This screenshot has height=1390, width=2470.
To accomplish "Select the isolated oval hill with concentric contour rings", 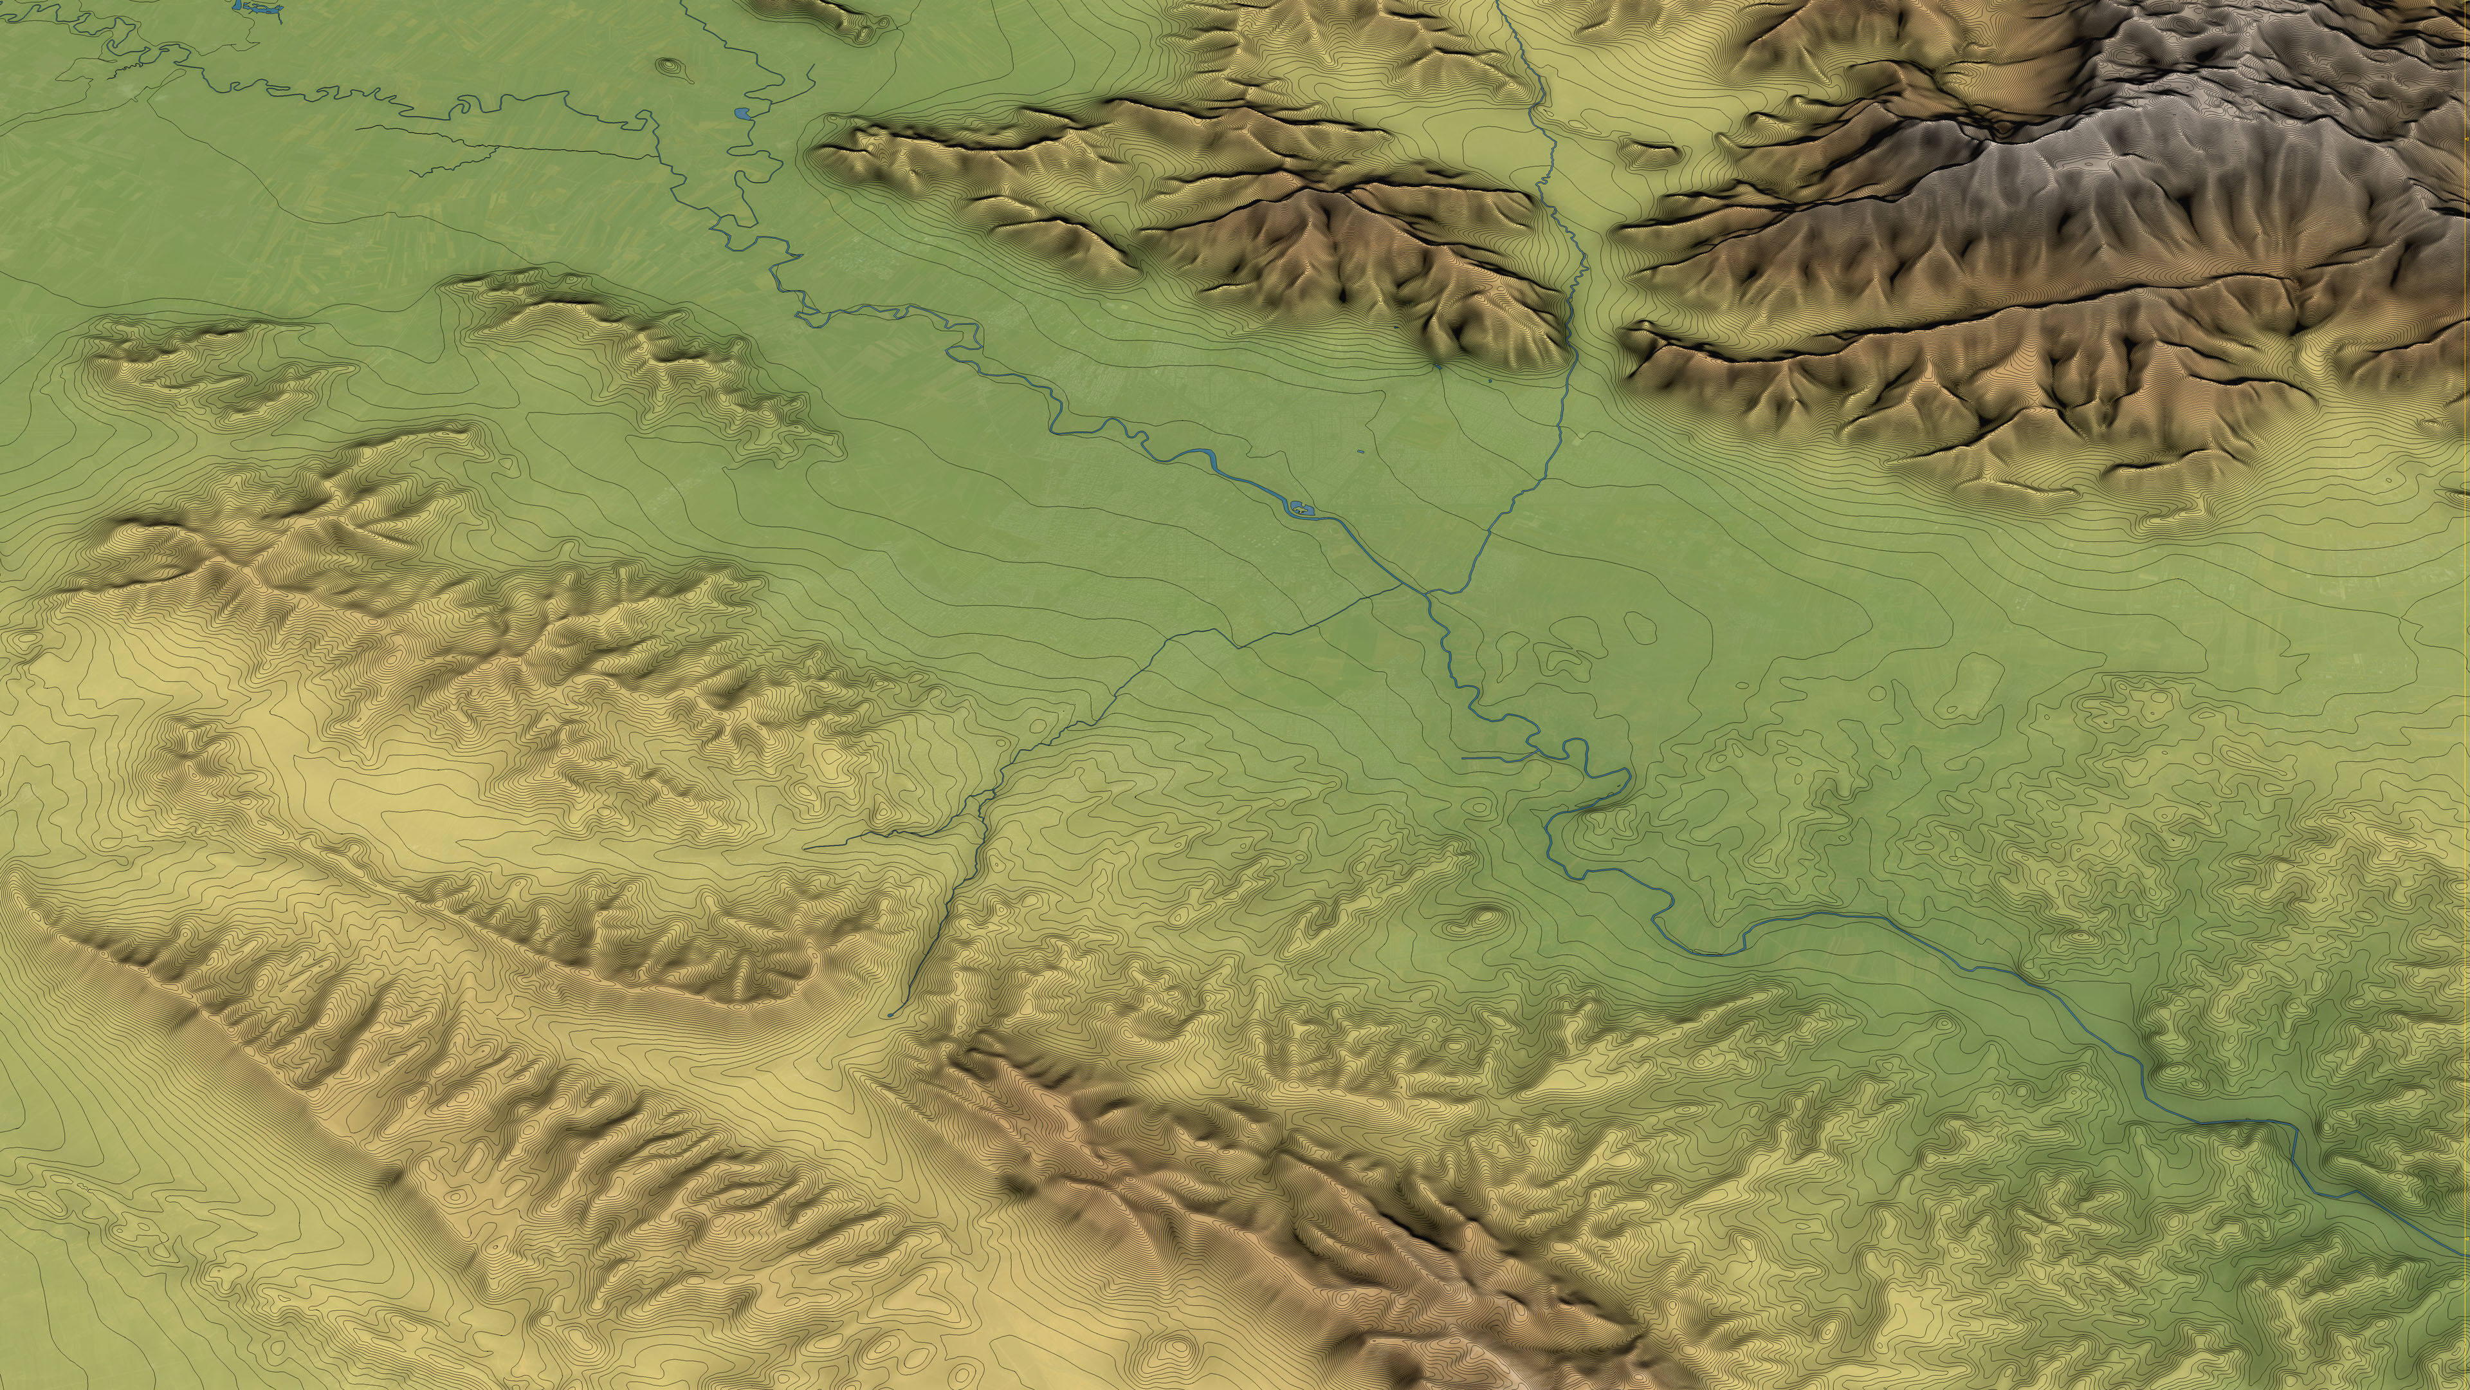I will tap(670, 67).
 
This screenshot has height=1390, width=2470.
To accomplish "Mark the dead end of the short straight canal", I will tap(1464, 758).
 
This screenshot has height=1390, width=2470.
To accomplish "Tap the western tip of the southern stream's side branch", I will tap(805, 848).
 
